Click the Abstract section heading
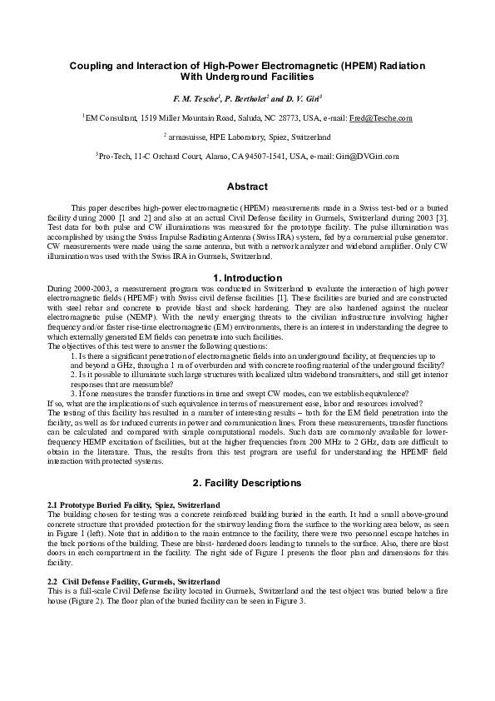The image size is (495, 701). [247, 186]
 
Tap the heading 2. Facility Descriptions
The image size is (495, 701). [247, 483]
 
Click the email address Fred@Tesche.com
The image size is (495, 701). [381, 119]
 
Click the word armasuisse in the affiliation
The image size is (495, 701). [187, 137]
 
